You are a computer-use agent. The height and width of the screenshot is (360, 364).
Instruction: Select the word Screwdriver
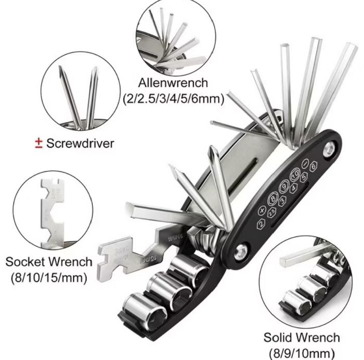click(x=80, y=143)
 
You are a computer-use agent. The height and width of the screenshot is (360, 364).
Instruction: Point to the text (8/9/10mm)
click(x=306, y=352)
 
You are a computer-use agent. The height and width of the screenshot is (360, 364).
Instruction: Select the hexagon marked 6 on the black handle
click(x=314, y=166)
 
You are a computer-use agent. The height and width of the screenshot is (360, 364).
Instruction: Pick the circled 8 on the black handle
click(x=273, y=198)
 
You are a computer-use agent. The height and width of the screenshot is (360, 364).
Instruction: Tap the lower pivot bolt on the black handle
click(x=242, y=248)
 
